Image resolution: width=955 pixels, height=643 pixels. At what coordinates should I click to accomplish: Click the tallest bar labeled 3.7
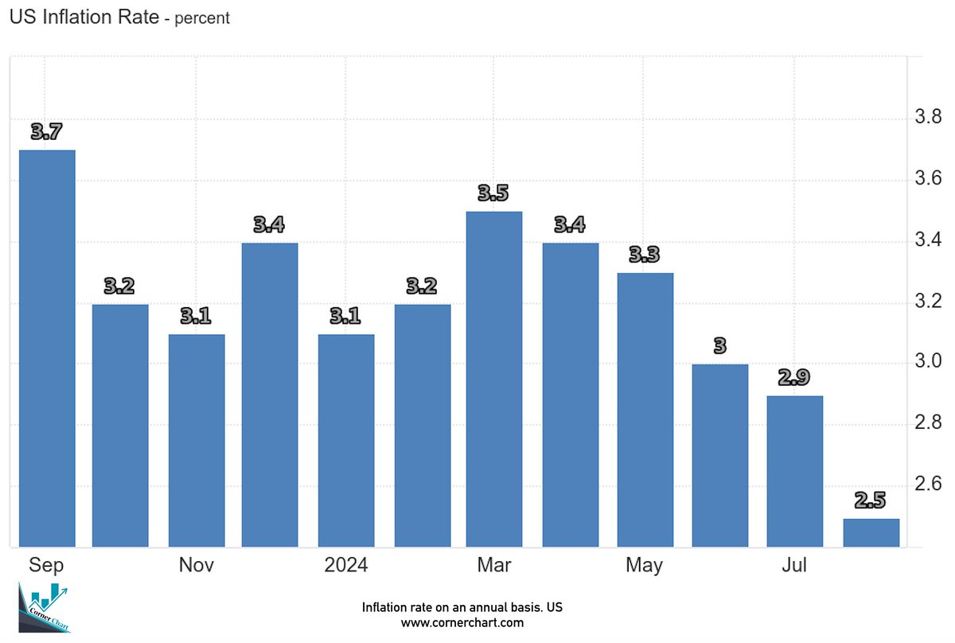(x=47, y=348)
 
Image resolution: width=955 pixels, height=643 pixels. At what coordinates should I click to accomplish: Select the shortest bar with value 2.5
(x=871, y=532)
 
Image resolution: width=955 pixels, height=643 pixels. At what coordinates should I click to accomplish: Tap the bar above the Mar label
(x=494, y=379)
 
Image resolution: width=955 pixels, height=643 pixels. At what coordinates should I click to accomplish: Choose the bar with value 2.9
(x=794, y=471)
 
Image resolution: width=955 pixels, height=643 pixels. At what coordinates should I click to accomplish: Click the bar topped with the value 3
(x=720, y=455)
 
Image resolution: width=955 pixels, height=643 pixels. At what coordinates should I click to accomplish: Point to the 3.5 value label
(x=493, y=193)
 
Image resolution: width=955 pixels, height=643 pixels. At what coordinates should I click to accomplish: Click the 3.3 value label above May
(x=644, y=255)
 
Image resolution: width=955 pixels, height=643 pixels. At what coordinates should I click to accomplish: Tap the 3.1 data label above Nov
(x=196, y=316)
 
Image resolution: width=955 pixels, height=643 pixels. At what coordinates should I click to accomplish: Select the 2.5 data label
(x=871, y=501)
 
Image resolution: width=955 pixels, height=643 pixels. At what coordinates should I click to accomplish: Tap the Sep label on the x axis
(x=46, y=566)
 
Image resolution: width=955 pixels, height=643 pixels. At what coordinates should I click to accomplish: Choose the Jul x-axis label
(x=793, y=566)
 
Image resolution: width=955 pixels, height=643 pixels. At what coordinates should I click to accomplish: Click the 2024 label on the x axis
(x=345, y=566)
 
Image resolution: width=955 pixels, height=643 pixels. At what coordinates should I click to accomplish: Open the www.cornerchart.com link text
(x=462, y=622)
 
